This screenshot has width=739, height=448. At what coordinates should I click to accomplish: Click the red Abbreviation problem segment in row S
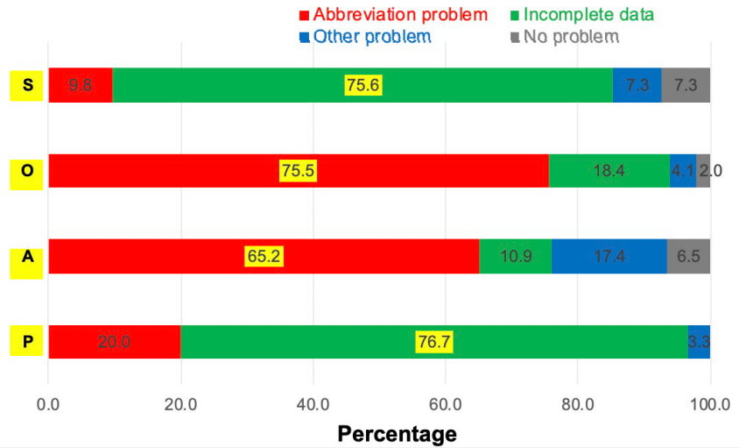pyautogui.click(x=81, y=86)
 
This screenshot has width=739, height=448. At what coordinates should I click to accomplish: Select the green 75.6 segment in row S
pyautogui.click(x=362, y=86)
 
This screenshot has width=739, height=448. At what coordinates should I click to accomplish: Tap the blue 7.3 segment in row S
pyautogui.click(x=637, y=86)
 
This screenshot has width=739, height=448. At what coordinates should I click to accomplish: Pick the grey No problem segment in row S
pyautogui.click(x=686, y=86)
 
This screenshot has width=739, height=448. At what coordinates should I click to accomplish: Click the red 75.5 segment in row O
pyautogui.click(x=298, y=171)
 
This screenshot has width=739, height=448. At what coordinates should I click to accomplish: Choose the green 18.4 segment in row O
pyautogui.click(x=609, y=171)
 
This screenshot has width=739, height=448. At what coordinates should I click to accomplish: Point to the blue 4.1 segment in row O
pyautogui.click(x=682, y=171)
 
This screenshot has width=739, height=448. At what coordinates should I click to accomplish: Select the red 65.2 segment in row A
pyautogui.click(x=264, y=256)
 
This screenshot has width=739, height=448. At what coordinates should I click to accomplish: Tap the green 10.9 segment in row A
pyautogui.click(x=515, y=256)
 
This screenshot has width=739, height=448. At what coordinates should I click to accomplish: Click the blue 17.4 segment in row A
pyautogui.click(x=609, y=256)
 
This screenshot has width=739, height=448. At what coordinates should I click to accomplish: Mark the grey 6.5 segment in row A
pyautogui.click(x=688, y=256)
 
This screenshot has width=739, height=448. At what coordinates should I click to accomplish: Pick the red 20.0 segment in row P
pyautogui.click(x=114, y=342)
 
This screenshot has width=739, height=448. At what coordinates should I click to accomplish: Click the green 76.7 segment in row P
pyautogui.click(x=433, y=342)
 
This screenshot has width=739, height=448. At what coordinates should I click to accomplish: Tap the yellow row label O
pyautogui.click(x=27, y=171)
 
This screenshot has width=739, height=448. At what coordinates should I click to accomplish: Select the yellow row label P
pyautogui.click(x=27, y=342)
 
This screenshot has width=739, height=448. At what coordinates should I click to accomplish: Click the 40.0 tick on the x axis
pyautogui.click(x=313, y=404)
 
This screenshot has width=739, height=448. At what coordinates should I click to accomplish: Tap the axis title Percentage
pyautogui.click(x=397, y=433)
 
